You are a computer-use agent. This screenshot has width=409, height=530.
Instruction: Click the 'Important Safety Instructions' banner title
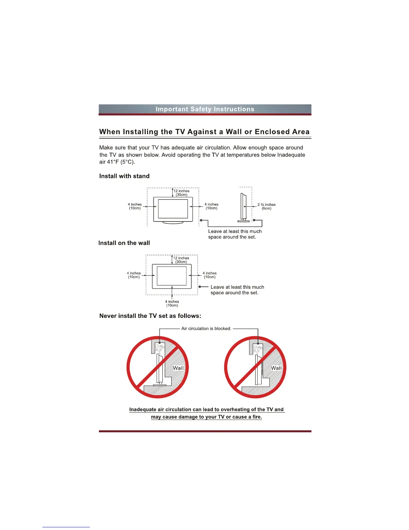click(x=205, y=109)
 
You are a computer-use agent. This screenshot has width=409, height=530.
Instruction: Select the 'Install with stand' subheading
click(x=124, y=176)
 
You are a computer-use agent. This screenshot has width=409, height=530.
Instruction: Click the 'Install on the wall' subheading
click(x=124, y=243)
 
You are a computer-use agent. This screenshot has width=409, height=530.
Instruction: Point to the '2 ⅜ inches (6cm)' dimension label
click(x=266, y=206)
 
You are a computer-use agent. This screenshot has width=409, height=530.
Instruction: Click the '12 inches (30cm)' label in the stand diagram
click(x=181, y=193)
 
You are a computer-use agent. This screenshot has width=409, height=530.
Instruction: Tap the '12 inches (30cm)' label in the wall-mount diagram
click(x=181, y=260)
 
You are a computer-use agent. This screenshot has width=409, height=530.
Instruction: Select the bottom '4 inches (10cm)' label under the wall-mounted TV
click(x=172, y=303)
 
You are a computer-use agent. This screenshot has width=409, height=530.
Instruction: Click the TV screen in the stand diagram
click(x=173, y=209)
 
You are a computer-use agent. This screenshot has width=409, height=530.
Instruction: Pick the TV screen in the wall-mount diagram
click(x=172, y=276)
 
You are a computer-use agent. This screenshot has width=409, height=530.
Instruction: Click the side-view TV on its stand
click(x=243, y=207)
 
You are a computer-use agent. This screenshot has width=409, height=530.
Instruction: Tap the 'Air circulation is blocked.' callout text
click(x=206, y=329)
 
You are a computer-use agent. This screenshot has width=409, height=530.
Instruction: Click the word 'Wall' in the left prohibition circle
click(x=178, y=368)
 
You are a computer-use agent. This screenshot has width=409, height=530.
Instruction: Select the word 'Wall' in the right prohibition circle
click(x=276, y=368)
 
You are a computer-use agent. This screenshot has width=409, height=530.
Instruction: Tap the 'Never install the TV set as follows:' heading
click(x=150, y=316)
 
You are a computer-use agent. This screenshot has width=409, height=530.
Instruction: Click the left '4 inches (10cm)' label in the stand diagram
click(x=135, y=206)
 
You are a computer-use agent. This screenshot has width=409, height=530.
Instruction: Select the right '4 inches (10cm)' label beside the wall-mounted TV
click(x=210, y=275)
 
